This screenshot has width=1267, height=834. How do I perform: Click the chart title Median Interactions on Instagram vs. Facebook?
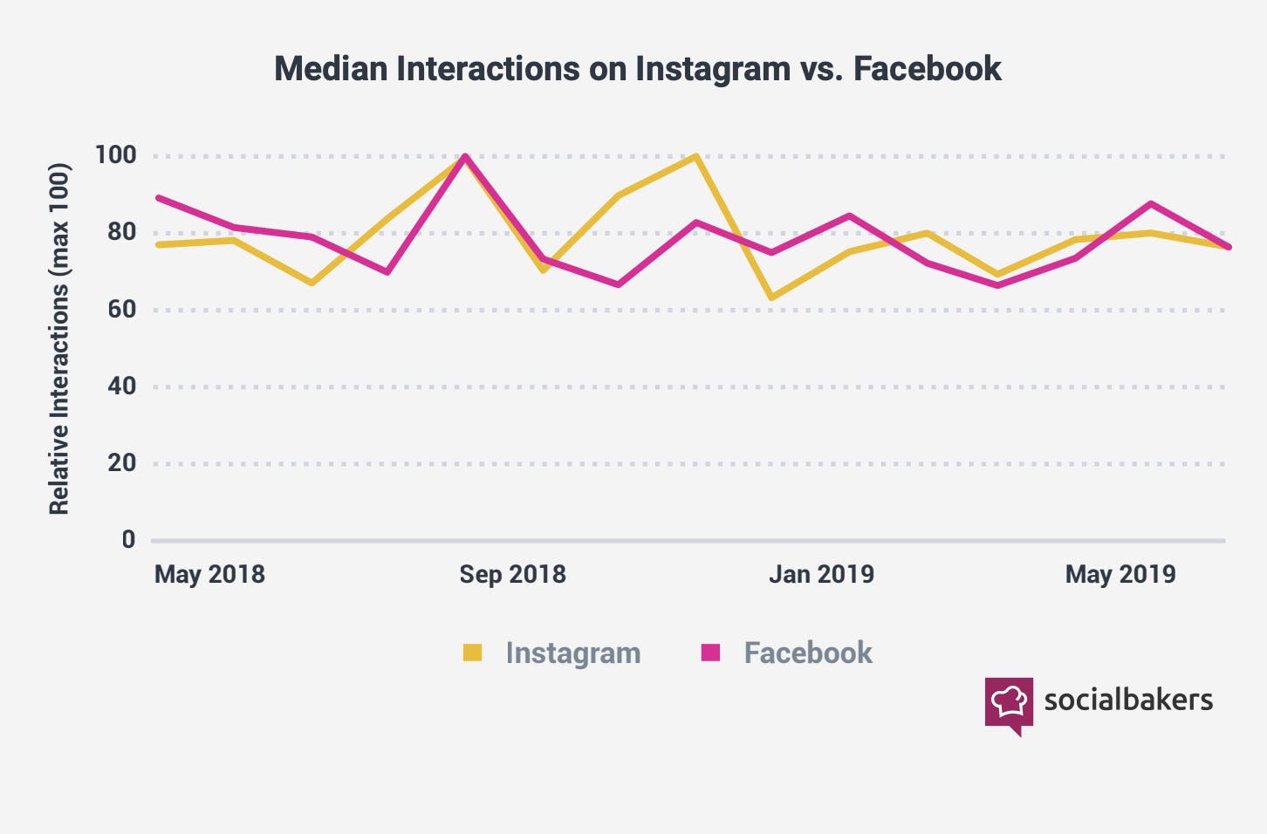click(637, 68)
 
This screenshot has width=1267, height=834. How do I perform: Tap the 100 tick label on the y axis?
click(115, 155)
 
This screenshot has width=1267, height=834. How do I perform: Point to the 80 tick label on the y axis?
click(121, 232)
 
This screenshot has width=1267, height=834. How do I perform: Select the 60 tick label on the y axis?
click(121, 309)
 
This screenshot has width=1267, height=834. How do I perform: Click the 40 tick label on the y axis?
click(121, 386)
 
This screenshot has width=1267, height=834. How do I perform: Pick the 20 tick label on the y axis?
click(121, 462)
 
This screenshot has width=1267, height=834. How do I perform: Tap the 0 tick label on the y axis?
click(128, 539)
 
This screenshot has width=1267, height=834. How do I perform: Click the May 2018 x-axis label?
click(209, 574)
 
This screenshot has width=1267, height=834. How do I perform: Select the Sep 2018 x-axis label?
click(512, 574)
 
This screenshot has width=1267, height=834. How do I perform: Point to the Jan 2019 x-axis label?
click(821, 574)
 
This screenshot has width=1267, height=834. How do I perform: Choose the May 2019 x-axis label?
click(1120, 574)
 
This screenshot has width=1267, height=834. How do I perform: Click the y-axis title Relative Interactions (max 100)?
click(58, 338)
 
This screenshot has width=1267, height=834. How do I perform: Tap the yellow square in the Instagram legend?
click(472, 653)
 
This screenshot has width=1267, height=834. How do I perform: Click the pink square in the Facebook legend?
click(710, 653)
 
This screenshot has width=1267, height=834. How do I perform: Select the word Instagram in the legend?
click(573, 653)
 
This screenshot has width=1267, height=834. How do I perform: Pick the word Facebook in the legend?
click(808, 653)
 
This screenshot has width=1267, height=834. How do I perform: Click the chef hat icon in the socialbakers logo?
click(1009, 701)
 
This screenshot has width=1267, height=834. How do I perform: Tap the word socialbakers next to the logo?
click(1128, 700)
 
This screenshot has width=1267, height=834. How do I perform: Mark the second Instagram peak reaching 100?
click(696, 157)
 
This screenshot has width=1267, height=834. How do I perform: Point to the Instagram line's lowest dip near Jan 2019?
click(771, 297)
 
